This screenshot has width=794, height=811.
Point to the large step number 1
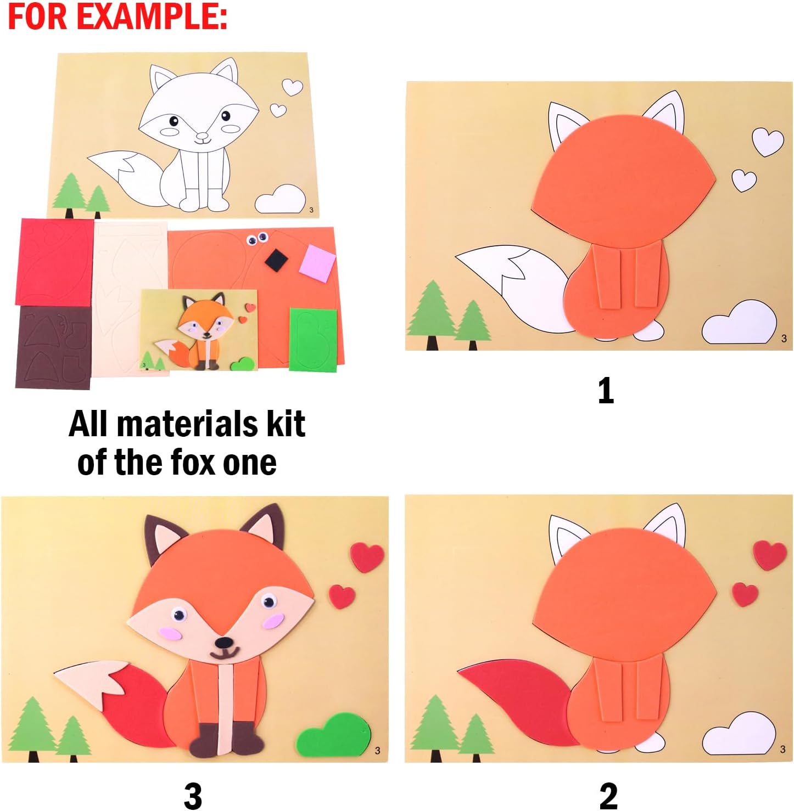click(x=605, y=391)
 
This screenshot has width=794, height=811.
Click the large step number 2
click(x=608, y=796)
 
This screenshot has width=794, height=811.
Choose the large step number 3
click(x=193, y=796)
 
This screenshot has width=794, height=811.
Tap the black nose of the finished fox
click(x=223, y=643)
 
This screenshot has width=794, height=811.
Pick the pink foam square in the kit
click(x=317, y=261)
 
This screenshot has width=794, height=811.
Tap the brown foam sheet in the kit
click(x=53, y=347)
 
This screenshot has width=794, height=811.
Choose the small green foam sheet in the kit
click(x=312, y=340)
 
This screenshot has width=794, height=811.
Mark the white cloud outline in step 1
click(x=739, y=324)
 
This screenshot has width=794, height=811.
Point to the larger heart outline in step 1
click(x=767, y=142)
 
